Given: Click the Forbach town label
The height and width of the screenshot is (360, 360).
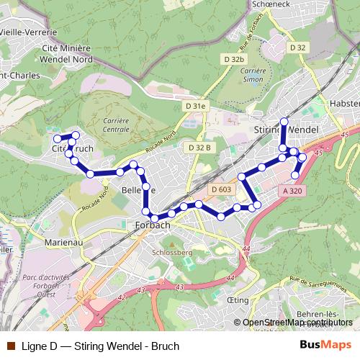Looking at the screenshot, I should tap(153, 225).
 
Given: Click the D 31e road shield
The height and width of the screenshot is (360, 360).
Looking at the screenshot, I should tap(195, 106).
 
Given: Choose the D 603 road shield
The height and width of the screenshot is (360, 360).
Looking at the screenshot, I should tap(222, 189).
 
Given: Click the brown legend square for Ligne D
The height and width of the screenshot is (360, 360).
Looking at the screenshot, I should tap(9, 346).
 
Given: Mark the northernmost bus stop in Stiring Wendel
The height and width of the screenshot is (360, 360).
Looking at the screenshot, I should tap(284, 121).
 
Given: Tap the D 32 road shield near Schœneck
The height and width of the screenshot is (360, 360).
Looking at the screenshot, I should tap(298, 47).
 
